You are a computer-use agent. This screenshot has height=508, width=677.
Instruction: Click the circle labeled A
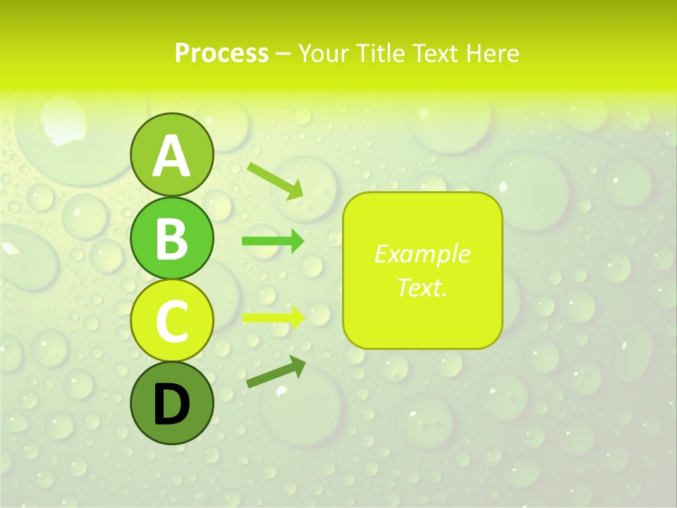pos(171,155)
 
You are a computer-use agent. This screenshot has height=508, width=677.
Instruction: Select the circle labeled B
pos(171,238)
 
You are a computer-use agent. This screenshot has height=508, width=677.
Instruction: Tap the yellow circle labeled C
pos(171,320)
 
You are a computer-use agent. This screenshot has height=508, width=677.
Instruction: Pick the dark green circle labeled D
pos(171,403)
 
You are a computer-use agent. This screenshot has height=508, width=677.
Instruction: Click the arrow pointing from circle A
pos(274,180)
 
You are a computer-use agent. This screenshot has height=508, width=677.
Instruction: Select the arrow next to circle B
pos(273,241)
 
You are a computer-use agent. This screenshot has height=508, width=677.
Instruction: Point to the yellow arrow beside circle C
pos(273,317)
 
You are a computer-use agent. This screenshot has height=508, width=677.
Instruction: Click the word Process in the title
pos(221,53)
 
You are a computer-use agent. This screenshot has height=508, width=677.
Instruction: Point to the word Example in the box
pos(422,254)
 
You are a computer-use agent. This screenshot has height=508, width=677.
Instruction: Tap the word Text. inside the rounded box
pos(422,287)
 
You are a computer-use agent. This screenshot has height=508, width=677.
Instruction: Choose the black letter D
pos(171,404)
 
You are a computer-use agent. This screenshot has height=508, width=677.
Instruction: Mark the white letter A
pos(171,156)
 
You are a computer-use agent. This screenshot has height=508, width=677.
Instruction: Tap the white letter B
pos(171,238)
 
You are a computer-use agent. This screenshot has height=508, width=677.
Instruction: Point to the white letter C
pos(171,321)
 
